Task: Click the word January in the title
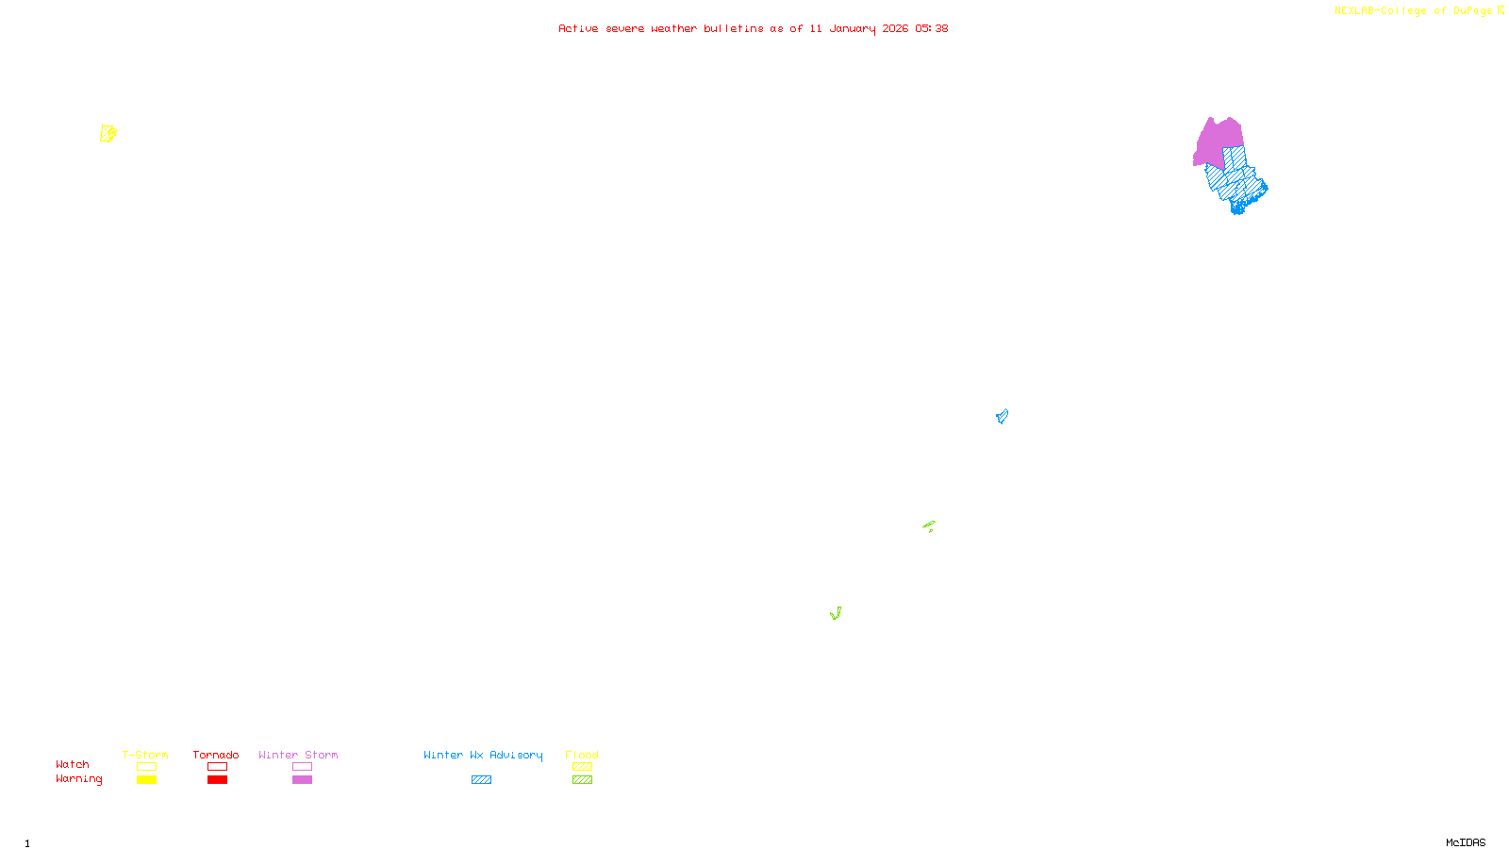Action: pos(852,29)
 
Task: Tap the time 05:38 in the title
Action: pos(931,29)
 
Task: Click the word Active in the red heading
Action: pos(577,29)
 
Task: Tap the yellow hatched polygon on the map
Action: pos(108,134)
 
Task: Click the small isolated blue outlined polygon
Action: pos(1002,416)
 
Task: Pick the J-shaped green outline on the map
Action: pos(836,614)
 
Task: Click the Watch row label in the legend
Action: pos(72,765)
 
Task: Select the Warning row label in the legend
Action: pos(78,779)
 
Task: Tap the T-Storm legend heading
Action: pos(145,755)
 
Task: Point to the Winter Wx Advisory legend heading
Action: pos(483,755)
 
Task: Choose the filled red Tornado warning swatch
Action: pos(217,780)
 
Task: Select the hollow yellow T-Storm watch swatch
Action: pos(146,767)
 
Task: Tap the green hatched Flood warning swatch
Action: pos(582,780)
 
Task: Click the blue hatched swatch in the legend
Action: pos(481,780)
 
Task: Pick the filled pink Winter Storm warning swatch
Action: pos(302,780)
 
